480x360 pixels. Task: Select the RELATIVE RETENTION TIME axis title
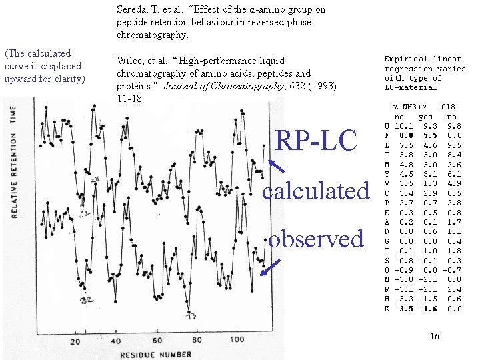click(x=13, y=164)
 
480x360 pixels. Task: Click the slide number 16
click(x=434, y=336)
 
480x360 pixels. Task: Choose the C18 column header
click(x=449, y=107)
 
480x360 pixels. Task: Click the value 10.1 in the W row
click(x=402, y=126)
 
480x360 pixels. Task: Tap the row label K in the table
click(x=387, y=309)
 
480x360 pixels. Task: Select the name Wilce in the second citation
click(x=131, y=61)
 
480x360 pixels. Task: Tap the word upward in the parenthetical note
click(x=21, y=79)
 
